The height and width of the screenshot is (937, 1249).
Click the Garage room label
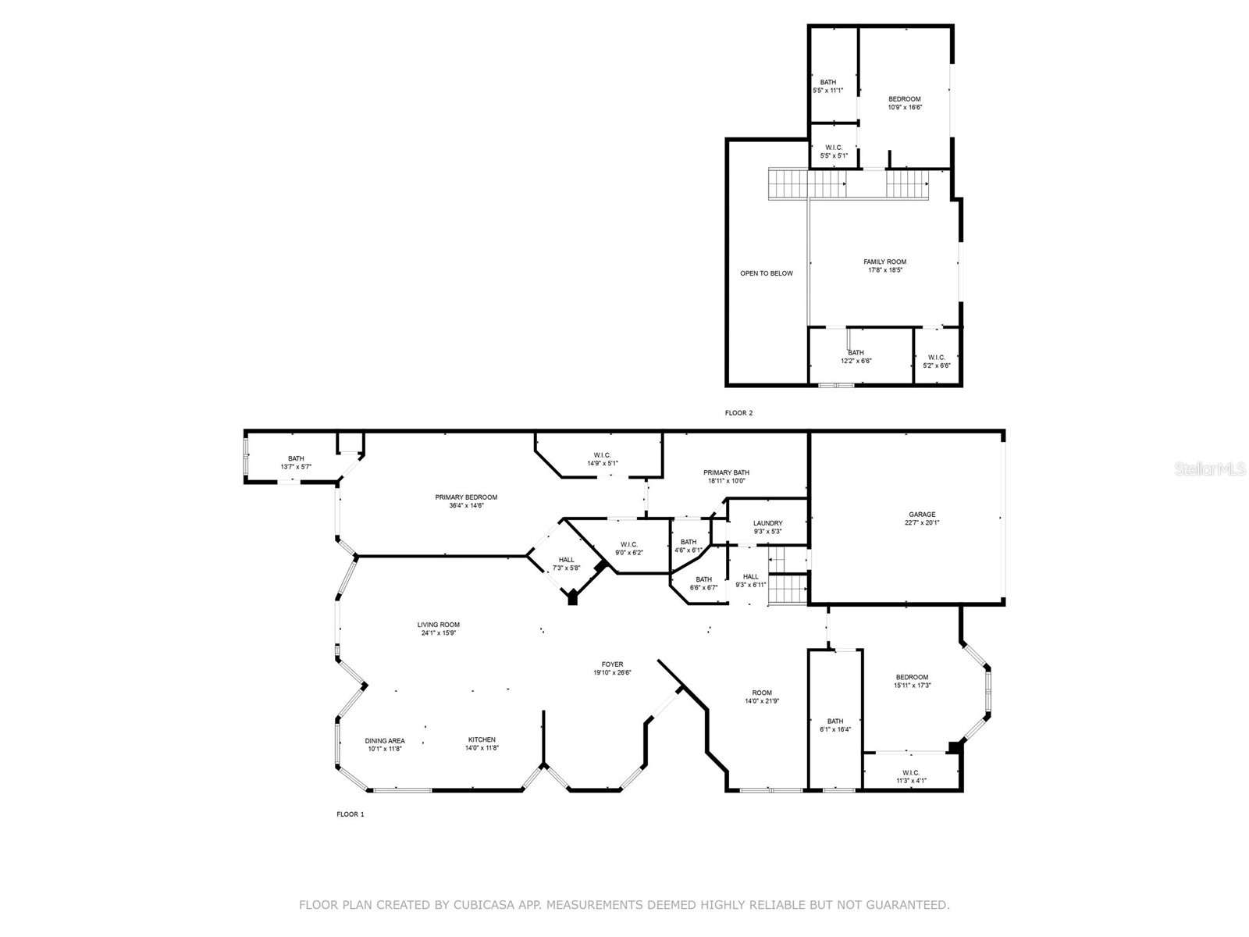tap(922, 515)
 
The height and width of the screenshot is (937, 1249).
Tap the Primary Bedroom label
tap(466, 497)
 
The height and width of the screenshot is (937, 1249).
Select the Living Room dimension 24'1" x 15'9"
tap(438, 633)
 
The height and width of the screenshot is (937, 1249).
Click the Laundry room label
tap(767, 523)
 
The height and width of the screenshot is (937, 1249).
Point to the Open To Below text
tap(766, 273)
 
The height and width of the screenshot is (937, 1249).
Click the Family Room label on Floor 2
tap(884, 262)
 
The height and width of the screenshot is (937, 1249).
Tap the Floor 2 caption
tap(738, 413)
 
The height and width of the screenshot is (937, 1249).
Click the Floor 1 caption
tap(351, 814)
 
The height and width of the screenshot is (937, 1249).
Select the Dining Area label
tap(385, 740)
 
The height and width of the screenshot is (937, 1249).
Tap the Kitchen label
tap(482, 739)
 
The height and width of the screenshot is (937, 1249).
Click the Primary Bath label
tap(726, 472)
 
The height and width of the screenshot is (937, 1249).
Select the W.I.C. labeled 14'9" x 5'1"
tap(602, 459)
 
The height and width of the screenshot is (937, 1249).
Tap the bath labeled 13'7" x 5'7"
tap(296, 462)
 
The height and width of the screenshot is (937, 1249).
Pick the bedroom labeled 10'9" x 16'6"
tap(904, 103)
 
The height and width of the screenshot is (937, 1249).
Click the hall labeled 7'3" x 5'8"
tap(566, 564)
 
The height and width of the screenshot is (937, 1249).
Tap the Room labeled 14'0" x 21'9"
tap(762, 697)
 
